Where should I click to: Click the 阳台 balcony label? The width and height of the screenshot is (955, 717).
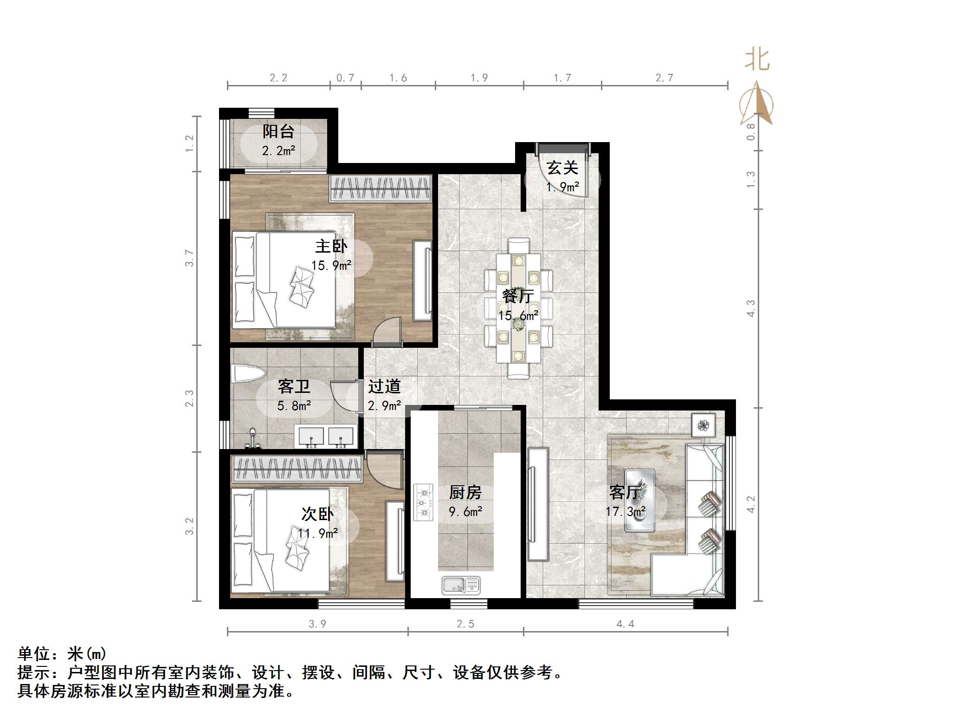(278, 131)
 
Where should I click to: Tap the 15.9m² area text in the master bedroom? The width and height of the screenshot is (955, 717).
(331, 266)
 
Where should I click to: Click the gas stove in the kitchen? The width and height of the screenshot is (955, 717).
(423, 502)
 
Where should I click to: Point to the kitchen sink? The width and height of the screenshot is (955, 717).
(461, 585)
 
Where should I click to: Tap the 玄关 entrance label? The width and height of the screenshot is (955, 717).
(562, 168)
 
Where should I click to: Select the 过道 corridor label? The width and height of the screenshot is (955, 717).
(384, 386)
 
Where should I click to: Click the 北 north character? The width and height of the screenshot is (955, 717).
(757, 59)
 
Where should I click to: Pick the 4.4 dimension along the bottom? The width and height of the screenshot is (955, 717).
(625, 624)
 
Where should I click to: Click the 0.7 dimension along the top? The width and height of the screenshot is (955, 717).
(345, 78)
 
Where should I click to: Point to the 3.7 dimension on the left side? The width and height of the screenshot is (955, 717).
(189, 258)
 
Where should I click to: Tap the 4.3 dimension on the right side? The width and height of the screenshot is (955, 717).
(750, 308)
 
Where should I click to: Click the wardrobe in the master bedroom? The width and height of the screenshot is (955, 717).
(381, 189)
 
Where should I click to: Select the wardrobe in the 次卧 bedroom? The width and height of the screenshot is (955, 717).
(297, 469)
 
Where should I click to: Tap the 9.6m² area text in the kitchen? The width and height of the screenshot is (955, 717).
(465, 512)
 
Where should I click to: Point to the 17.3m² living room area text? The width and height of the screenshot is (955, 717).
(626, 512)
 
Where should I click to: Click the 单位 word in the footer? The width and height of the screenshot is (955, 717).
(34, 654)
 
